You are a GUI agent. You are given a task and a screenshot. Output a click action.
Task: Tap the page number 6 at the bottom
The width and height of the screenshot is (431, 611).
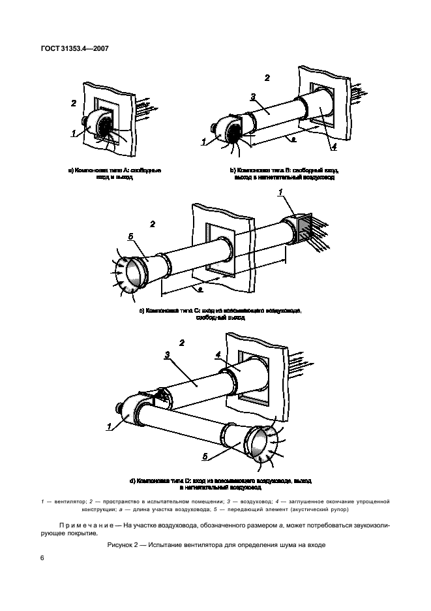(42, 557)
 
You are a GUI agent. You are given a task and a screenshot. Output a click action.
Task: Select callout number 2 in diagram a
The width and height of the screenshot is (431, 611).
(74, 103)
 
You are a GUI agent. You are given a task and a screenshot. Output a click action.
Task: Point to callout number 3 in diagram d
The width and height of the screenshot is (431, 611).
(167, 354)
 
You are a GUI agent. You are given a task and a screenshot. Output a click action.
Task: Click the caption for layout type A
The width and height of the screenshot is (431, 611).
(115, 173)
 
